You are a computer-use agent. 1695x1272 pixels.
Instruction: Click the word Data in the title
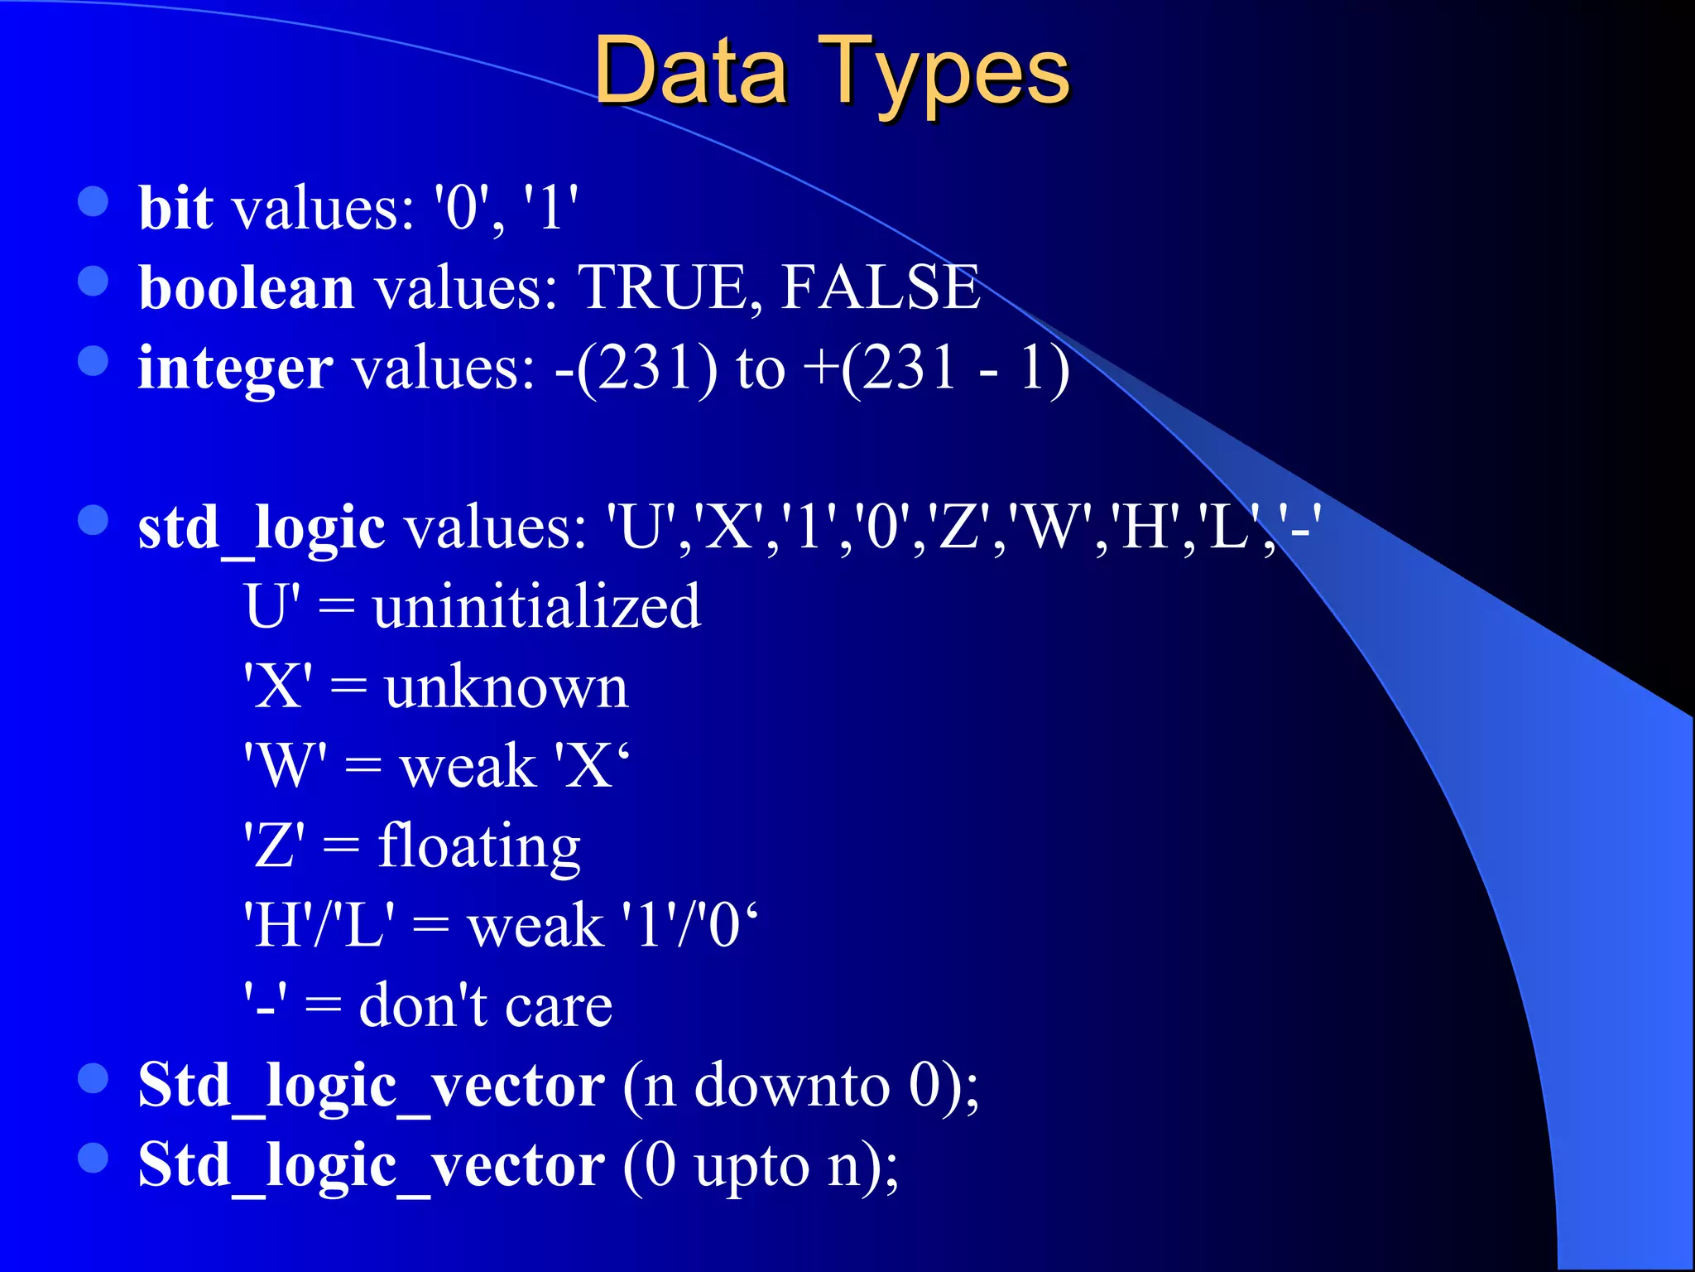click(x=689, y=73)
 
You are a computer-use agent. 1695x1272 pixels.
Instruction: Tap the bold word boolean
click(x=247, y=287)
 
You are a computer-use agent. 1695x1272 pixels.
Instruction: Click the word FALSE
click(x=881, y=287)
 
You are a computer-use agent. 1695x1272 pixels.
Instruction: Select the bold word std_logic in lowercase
click(x=262, y=528)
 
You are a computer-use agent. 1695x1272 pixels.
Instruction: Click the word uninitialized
click(x=536, y=606)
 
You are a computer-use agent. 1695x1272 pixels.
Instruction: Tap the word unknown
click(x=507, y=687)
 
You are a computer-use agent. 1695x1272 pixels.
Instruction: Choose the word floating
click(x=479, y=847)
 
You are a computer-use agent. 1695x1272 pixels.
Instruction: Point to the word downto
click(x=791, y=1085)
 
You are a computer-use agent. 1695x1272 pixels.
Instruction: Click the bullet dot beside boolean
click(x=94, y=281)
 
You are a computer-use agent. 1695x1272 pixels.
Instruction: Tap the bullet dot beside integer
click(x=94, y=361)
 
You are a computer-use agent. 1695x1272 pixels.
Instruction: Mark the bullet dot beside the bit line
click(x=94, y=201)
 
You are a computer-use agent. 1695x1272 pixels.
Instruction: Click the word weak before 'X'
click(x=468, y=767)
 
